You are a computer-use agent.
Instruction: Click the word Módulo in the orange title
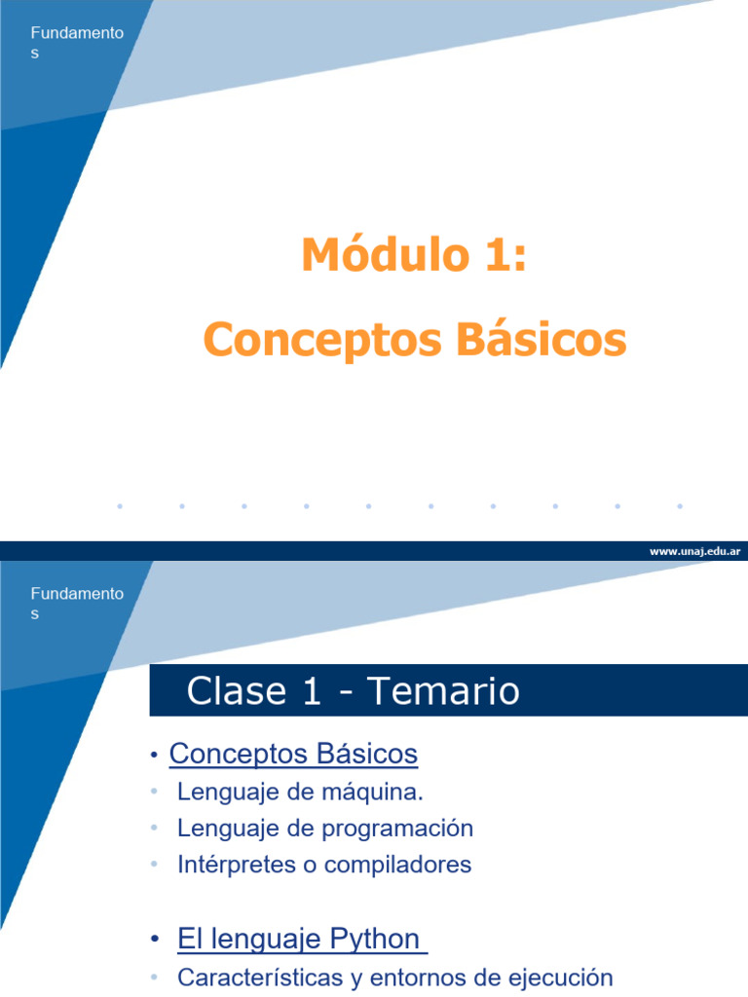pos(386,255)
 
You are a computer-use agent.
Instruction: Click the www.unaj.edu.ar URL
pos(694,551)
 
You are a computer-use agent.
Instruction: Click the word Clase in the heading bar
pos(234,691)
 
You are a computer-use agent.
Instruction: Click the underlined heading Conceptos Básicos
pos(293,754)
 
